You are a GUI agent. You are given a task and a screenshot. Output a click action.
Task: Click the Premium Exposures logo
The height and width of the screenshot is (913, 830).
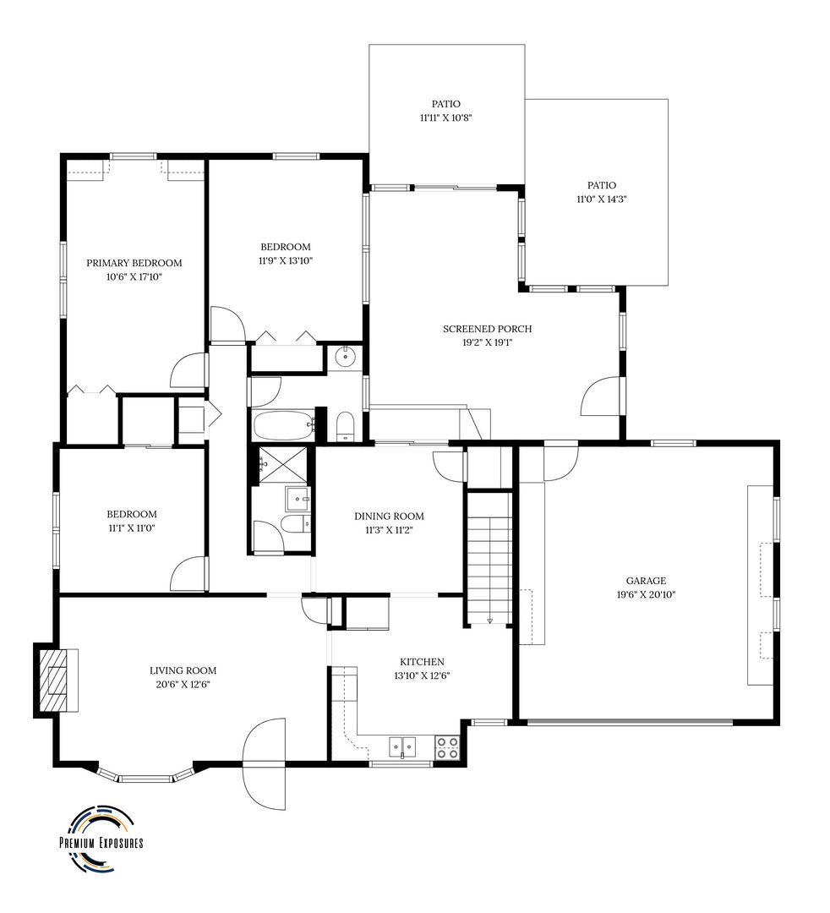point(100,839)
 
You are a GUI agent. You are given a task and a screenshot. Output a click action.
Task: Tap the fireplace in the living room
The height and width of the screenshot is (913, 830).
point(56,679)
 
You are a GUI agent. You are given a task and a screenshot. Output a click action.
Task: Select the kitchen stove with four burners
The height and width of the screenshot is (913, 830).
point(447,746)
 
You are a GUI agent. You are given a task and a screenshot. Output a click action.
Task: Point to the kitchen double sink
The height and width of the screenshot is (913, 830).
point(402,746)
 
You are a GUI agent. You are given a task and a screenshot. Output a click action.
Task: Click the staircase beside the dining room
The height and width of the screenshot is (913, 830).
point(489,558)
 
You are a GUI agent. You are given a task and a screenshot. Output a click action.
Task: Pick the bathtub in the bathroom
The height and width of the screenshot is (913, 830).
point(282,424)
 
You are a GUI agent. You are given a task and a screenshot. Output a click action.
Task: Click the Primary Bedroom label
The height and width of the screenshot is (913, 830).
point(134,263)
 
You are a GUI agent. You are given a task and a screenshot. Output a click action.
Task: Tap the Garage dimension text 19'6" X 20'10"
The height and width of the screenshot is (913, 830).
point(646,594)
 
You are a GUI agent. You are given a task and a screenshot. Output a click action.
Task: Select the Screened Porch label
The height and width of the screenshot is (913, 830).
point(499,329)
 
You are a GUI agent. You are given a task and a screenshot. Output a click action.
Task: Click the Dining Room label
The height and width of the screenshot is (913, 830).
point(389,516)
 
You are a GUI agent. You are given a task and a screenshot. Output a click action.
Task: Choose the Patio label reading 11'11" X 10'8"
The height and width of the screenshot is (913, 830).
point(445,118)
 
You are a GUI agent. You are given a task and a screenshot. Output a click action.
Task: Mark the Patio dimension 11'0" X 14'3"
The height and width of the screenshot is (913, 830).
point(601,199)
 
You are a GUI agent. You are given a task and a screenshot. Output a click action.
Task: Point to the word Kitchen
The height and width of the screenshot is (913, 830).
point(422,661)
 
